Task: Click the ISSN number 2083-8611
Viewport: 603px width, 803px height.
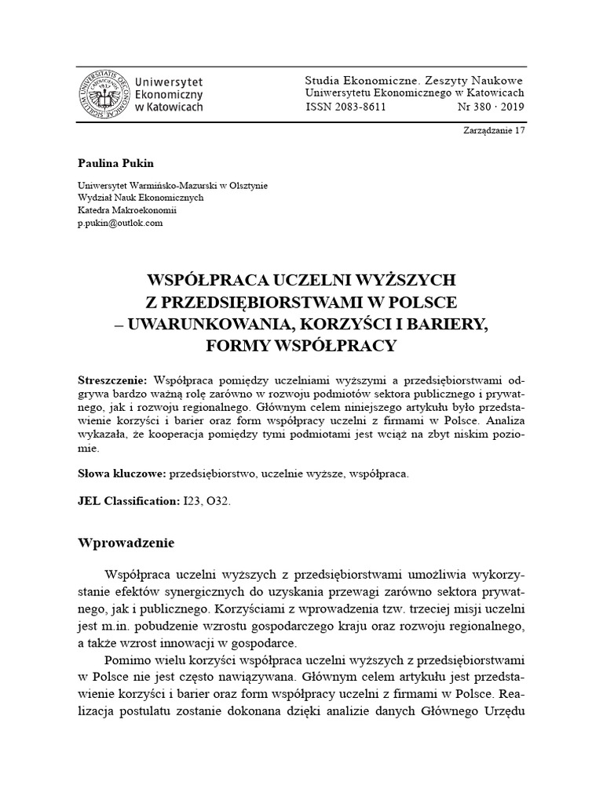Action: pyautogui.click(x=345, y=107)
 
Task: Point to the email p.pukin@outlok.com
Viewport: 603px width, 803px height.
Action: pyautogui.click(x=120, y=223)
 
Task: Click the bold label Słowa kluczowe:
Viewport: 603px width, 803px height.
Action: pyautogui.click(x=120, y=474)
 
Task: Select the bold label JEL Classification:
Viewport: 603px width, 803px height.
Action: pyautogui.click(x=129, y=500)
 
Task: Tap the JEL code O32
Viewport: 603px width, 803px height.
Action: pyautogui.click(x=221, y=500)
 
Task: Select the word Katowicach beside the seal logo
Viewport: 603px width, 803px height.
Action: pyautogui.click(x=175, y=107)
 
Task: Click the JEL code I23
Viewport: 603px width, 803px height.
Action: pyautogui.click(x=192, y=500)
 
